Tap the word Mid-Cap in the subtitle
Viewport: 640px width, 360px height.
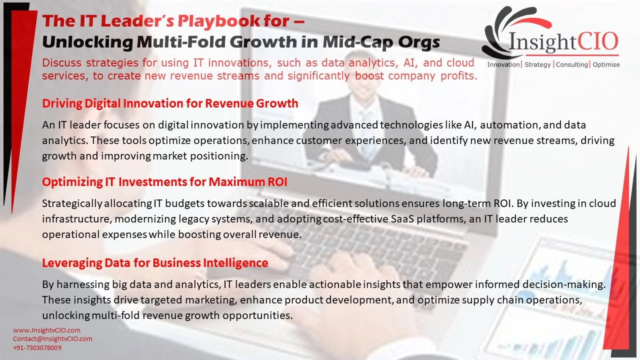pos(357,42)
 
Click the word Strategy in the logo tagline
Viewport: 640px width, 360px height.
pos(537,65)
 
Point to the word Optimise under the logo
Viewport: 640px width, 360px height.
pos(606,64)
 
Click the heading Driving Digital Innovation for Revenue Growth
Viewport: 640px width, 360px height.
pos(170,103)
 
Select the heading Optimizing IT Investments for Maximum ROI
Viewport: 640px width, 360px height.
pos(164,182)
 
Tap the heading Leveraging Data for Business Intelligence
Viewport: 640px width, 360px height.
pos(155,263)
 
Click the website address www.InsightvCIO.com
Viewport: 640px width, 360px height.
pos(46,330)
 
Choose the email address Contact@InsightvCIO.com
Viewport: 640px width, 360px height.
pos(52,339)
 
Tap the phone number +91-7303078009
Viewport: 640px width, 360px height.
pos(37,347)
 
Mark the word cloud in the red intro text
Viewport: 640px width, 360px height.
pos(460,63)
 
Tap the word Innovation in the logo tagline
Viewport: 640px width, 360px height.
pos(503,65)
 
